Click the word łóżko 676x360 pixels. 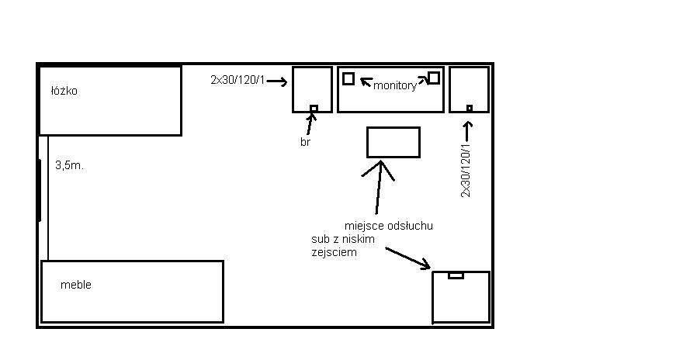click(64, 91)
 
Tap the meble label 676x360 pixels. click(76, 285)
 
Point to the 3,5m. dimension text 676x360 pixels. click(69, 165)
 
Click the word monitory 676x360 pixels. click(395, 85)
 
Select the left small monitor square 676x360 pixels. click(348, 78)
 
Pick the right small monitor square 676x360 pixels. click(434, 78)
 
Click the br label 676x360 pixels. click(305, 142)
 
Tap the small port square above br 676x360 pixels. click(314, 108)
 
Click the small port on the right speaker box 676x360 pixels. click(470, 108)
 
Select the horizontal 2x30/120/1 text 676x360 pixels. click(237, 80)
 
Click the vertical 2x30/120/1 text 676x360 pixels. click(466, 171)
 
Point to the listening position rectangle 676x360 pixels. click(393, 142)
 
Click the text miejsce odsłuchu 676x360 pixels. click(388, 226)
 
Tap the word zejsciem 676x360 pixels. click(335, 252)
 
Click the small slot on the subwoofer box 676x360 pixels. click(456, 275)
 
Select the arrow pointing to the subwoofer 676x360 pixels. click(407, 258)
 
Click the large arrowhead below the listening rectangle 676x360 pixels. click(379, 168)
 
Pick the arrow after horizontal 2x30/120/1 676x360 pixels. click(277, 81)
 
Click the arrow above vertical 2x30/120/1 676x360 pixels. click(468, 131)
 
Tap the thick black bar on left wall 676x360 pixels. click(40, 190)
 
